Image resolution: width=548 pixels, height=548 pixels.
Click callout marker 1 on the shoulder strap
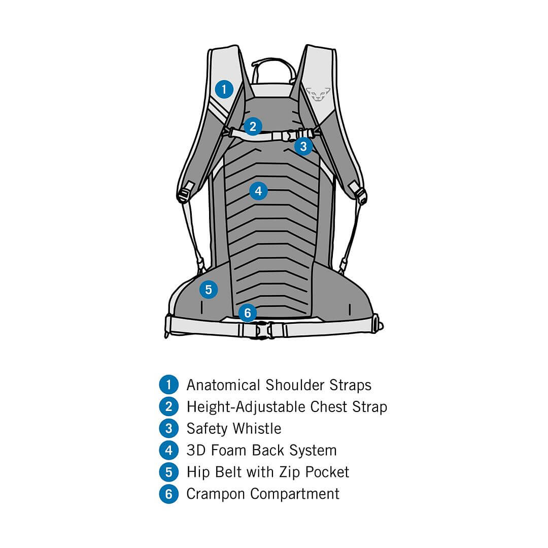pos(224,89)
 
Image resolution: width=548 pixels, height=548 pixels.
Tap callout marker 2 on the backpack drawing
pos(253,126)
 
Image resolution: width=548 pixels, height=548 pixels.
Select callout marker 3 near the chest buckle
pos(303,147)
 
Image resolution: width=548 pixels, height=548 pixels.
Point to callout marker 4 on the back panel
pos(258,191)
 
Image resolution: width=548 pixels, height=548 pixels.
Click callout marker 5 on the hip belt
pos(209,290)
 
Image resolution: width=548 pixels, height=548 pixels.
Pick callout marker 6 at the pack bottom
pos(247,313)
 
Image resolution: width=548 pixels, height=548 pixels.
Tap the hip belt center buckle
pos(261,330)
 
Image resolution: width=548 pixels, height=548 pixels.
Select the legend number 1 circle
pos(168,385)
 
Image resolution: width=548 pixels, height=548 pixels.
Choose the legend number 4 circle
pos(168,450)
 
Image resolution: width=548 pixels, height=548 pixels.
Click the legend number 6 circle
pos(168,494)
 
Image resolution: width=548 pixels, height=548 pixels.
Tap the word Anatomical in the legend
pos(223,385)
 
